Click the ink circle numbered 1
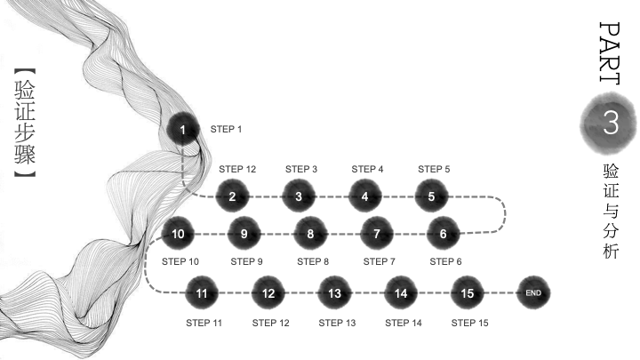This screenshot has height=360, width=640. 183,129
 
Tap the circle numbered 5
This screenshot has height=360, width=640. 431,196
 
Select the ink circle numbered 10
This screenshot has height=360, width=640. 178,234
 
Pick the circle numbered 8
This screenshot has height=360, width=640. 310,234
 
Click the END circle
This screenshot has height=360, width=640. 533,292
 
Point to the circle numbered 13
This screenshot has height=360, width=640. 335,292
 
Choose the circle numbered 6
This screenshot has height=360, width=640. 444,234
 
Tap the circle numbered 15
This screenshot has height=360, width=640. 468,292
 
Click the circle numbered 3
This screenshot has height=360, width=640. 299,196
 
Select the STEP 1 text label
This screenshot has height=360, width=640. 226,129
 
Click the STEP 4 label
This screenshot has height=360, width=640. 367,169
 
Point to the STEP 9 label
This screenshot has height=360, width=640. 246,261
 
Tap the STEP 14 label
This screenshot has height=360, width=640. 404,323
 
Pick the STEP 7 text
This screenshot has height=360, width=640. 380,261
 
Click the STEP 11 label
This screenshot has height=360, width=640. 204,323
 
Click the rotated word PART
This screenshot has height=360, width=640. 610,53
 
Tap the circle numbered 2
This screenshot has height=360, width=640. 232,196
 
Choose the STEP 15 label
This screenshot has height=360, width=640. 470,323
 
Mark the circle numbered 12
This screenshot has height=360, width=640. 268,292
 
